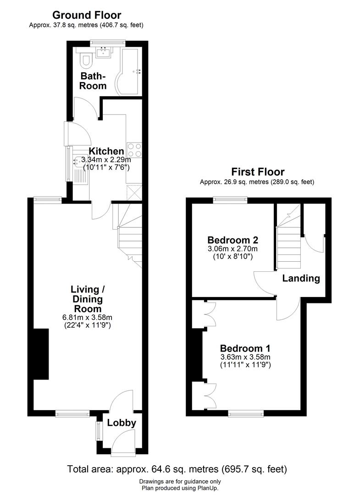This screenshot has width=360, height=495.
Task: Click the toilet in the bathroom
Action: click(x=85, y=60)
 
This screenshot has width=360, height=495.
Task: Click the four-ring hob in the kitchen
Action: click(x=134, y=149)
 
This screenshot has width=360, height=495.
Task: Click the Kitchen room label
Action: click(x=106, y=151)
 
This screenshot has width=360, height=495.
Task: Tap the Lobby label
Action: click(x=122, y=423)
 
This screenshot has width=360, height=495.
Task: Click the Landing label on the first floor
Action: click(x=301, y=278)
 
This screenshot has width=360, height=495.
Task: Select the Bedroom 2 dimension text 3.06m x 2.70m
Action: click(x=233, y=249)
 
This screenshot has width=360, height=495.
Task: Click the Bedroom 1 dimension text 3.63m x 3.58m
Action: click(x=245, y=357)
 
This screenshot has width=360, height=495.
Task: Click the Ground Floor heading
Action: click(x=87, y=16)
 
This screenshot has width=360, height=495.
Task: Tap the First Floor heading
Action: click(x=258, y=172)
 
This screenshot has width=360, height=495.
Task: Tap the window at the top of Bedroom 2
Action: click(x=230, y=199)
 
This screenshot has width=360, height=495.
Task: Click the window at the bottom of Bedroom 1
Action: click(x=246, y=413)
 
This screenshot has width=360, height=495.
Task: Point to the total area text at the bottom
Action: click(x=177, y=469)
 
